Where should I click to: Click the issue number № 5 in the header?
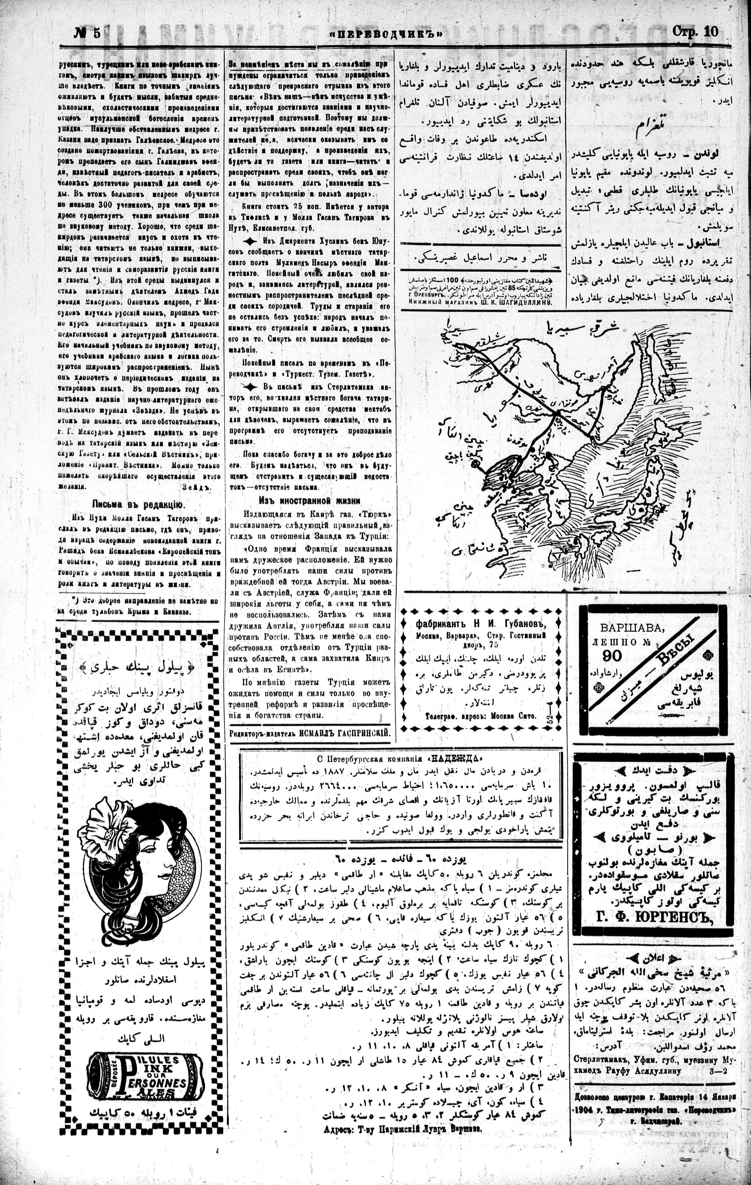(x=87, y=33)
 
